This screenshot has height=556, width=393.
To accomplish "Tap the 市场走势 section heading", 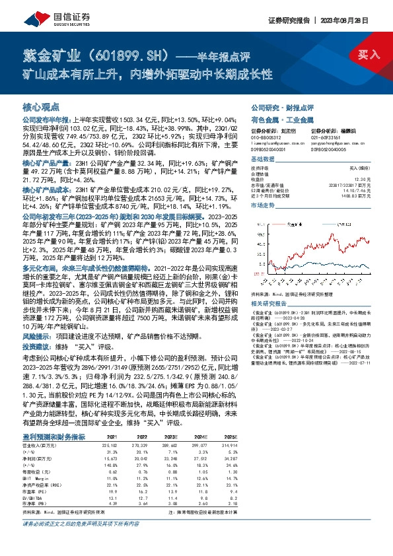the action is [263, 206].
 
